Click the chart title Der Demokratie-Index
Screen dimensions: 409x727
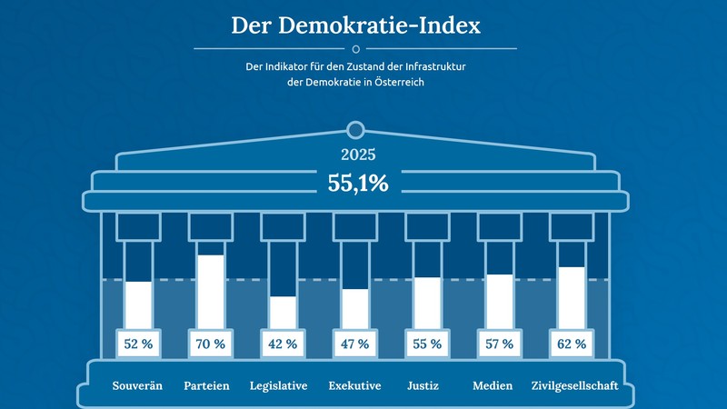(355, 25)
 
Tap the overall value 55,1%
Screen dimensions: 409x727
(358, 183)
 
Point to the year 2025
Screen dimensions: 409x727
(358, 155)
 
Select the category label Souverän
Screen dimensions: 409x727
(137, 385)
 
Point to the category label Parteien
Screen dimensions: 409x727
(206, 385)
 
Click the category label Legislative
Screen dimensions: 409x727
(279, 385)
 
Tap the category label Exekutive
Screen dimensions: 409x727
(354, 385)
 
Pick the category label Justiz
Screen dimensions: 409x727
(424, 385)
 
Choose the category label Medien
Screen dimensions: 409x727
(493, 385)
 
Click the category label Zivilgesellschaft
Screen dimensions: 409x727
(574, 385)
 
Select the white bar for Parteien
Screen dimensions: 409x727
(211, 291)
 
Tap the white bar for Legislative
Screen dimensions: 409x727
(283, 312)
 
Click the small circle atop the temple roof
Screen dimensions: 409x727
(356, 129)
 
